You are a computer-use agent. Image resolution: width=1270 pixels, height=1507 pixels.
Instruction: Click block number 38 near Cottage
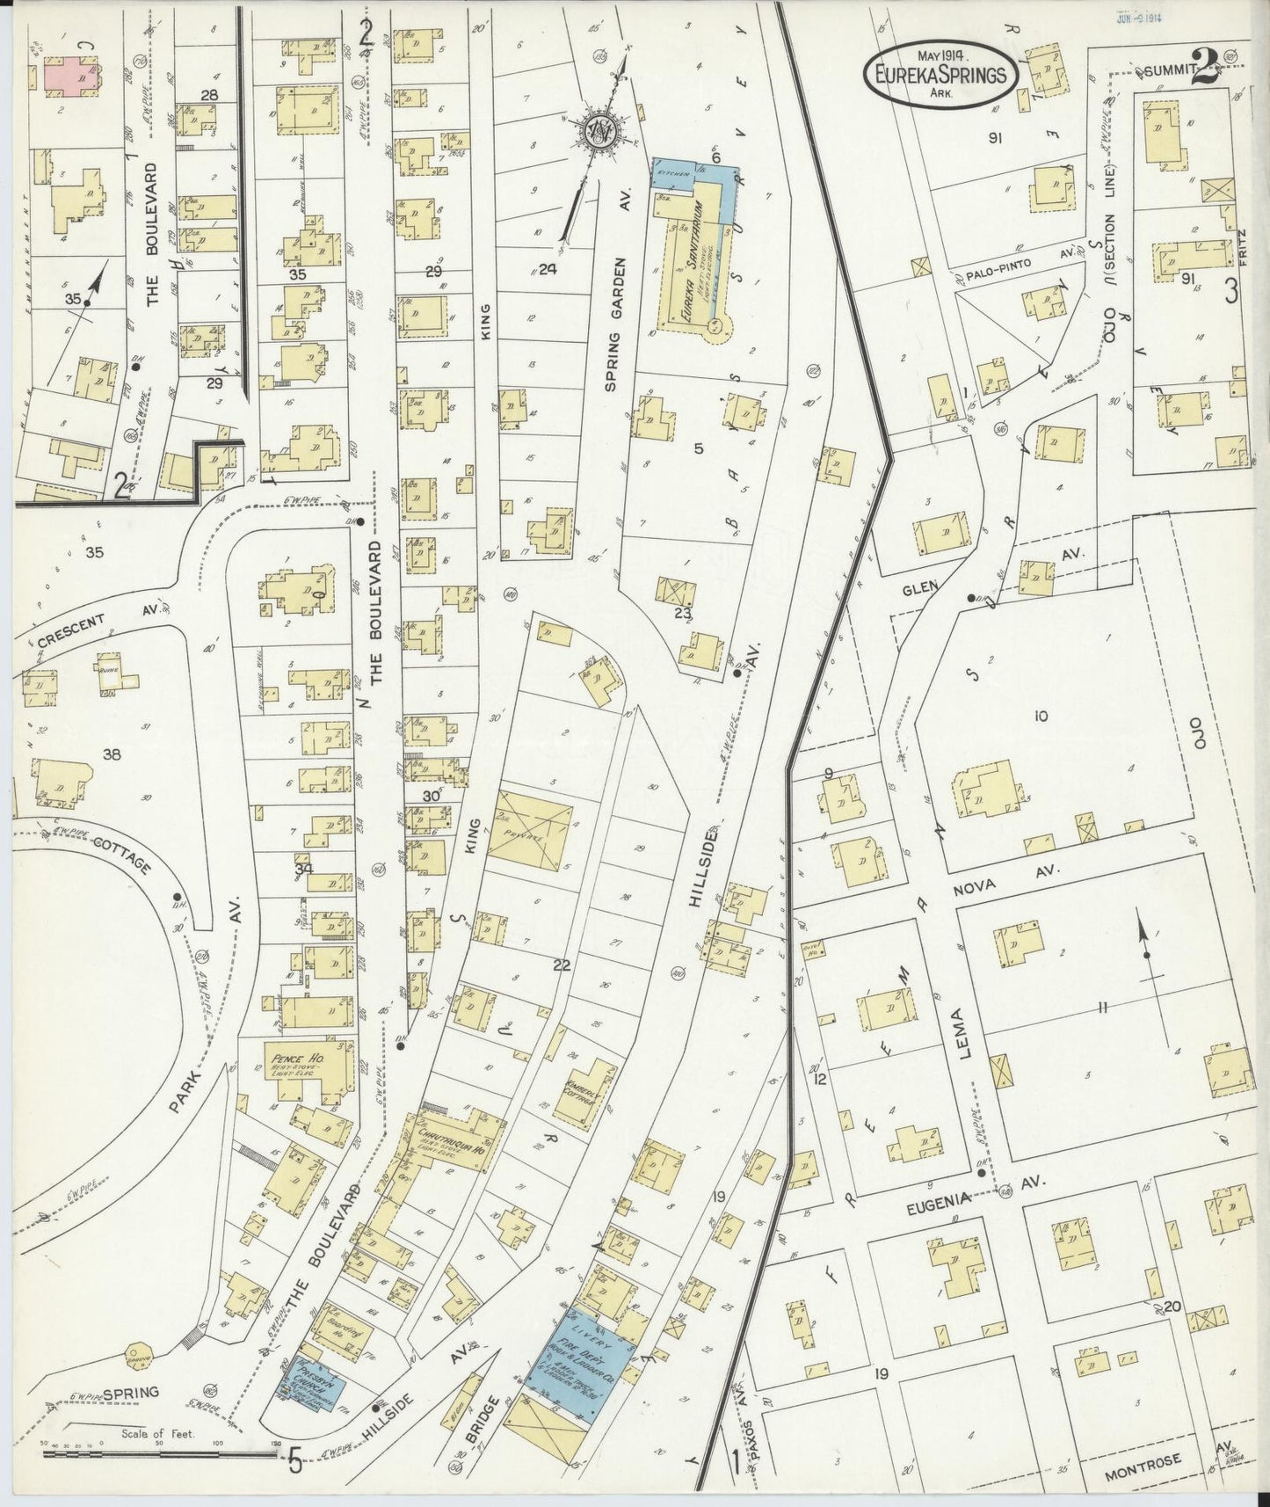coord(111,753)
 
